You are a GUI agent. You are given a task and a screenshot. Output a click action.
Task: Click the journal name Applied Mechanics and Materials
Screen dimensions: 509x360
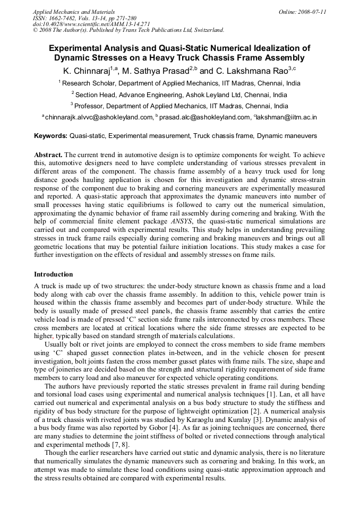pos(74,11)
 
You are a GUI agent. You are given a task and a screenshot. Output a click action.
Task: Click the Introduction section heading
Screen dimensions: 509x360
pos(54,274)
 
